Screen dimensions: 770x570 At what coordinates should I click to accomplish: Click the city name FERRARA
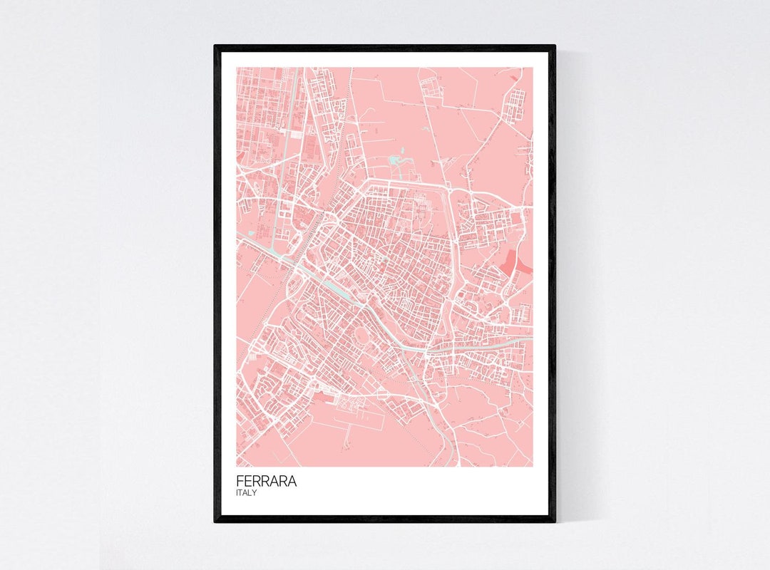click(x=267, y=482)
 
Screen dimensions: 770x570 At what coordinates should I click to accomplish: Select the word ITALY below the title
click(x=247, y=493)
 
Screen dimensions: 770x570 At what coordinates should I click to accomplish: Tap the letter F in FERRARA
click(x=240, y=482)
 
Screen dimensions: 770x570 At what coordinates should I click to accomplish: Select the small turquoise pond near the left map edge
click(x=241, y=155)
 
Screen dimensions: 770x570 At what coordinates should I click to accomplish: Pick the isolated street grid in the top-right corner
click(x=513, y=107)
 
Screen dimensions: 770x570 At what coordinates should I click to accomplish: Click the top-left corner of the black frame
click(x=216, y=47)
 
